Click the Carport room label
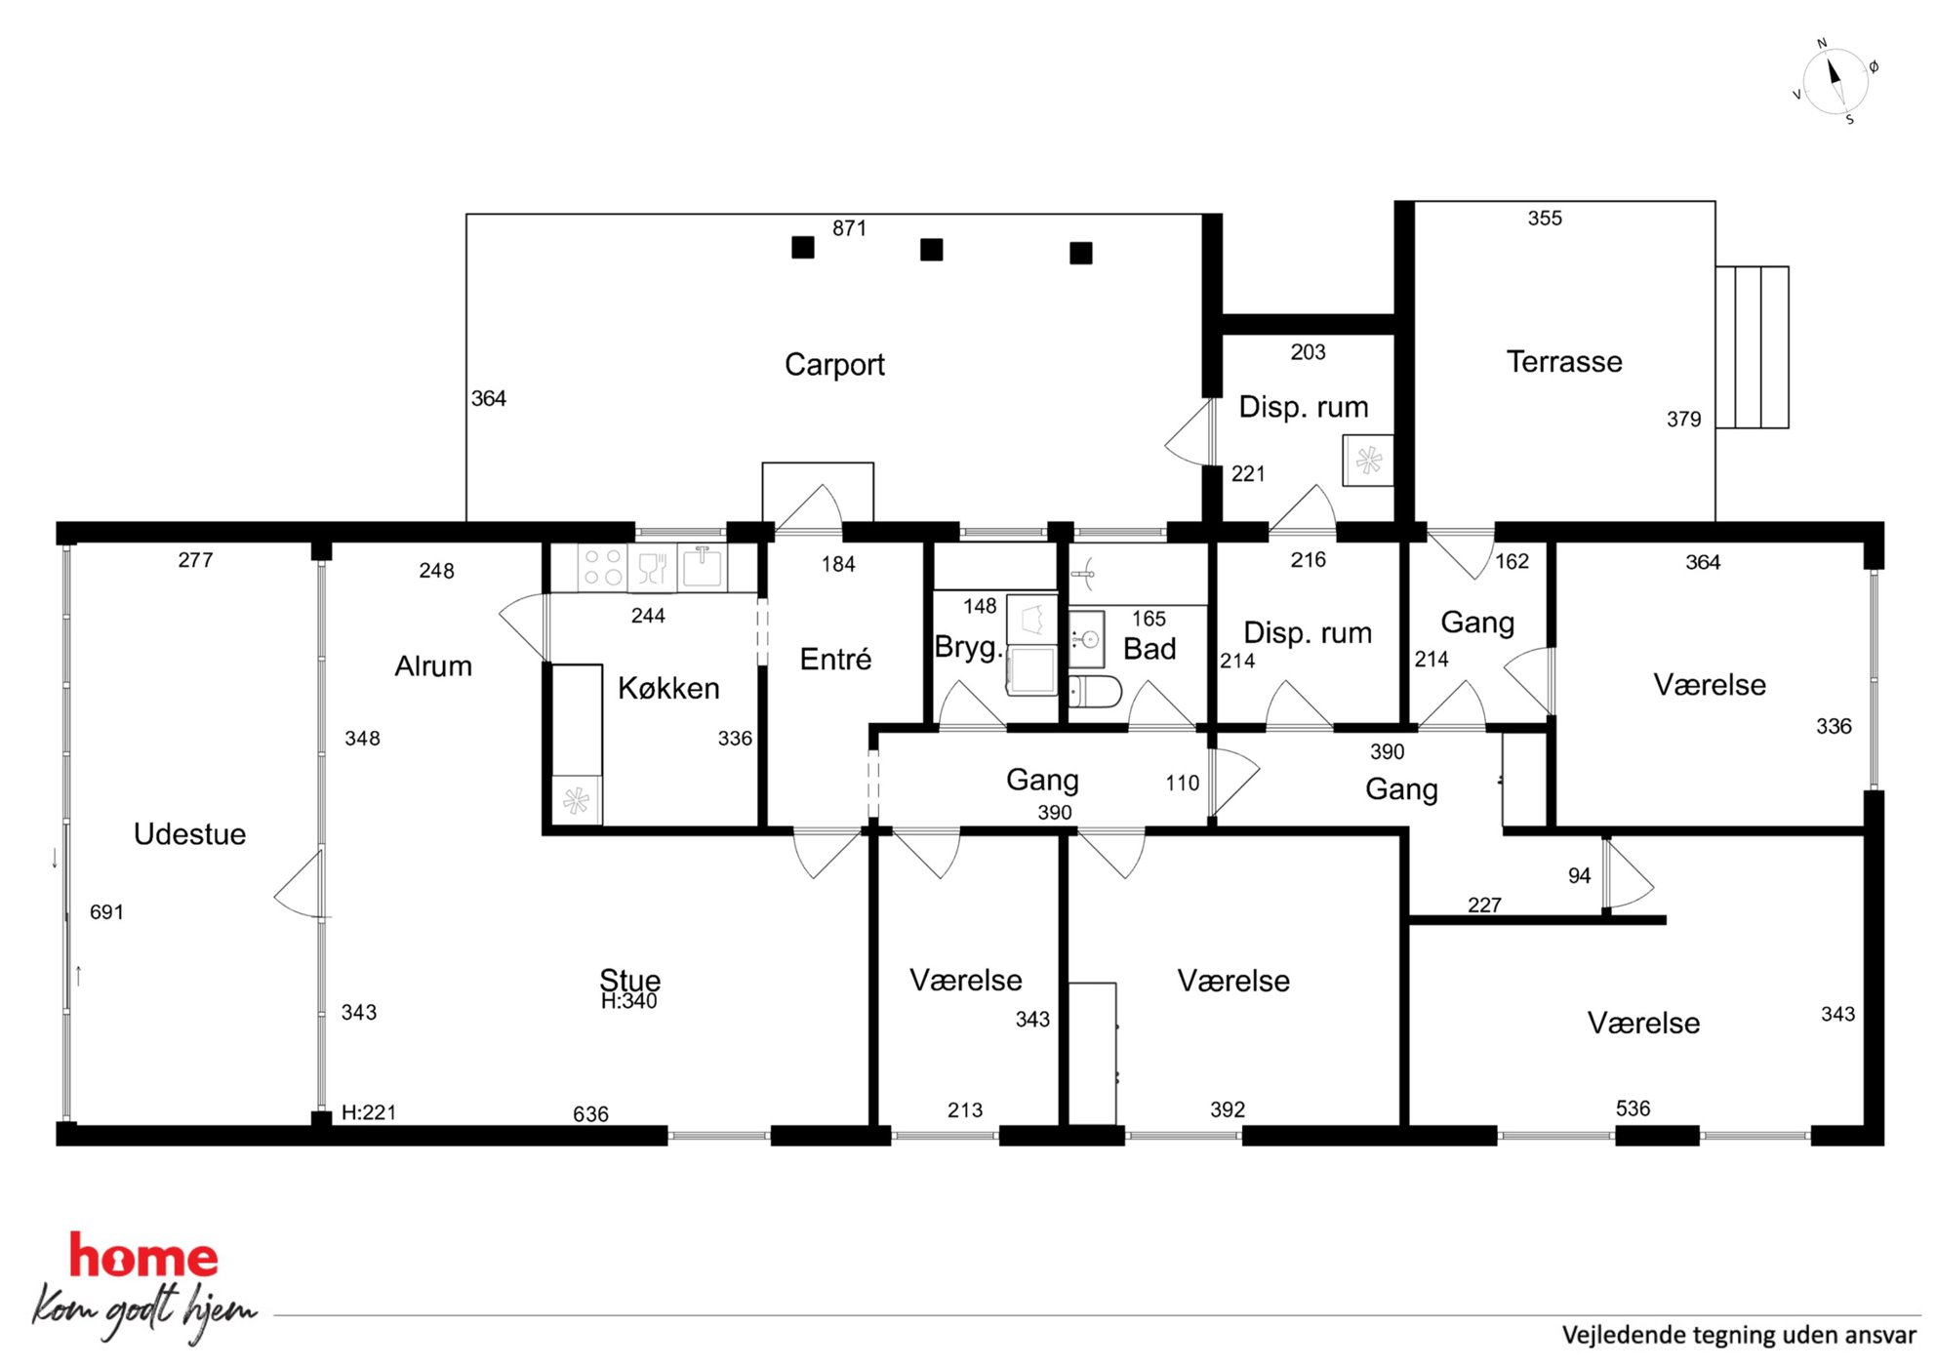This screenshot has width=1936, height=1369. (x=834, y=365)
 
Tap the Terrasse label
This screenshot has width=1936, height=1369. (x=1564, y=362)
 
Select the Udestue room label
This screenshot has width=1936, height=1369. (x=189, y=834)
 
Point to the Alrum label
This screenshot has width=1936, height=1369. (x=433, y=666)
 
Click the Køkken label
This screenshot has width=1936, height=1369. (x=668, y=688)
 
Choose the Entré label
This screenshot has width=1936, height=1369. (x=835, y=659)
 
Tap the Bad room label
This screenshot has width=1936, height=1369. (x=1149, y=649)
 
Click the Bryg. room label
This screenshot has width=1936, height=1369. (x=968, y=648)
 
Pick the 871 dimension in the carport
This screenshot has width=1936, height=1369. (x=849, y=228)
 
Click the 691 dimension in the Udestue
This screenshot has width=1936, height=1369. (x=106, y=912)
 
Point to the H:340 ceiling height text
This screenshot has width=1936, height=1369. (x=628, y=1001)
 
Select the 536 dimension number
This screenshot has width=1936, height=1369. (x=1633, y=1108)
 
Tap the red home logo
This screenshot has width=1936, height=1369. (x=143, y=1256)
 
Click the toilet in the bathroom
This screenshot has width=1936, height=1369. (x=1096, y=692)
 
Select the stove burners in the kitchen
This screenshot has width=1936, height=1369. (x=603, y=567)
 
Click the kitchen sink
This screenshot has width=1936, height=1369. (x=702, y=567)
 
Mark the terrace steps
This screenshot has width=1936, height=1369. (x=1752, y=347)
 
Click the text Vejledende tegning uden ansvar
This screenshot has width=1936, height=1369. (x=1739, y=1335)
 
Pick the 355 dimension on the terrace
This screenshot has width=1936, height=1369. (x=1545, y=219)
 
